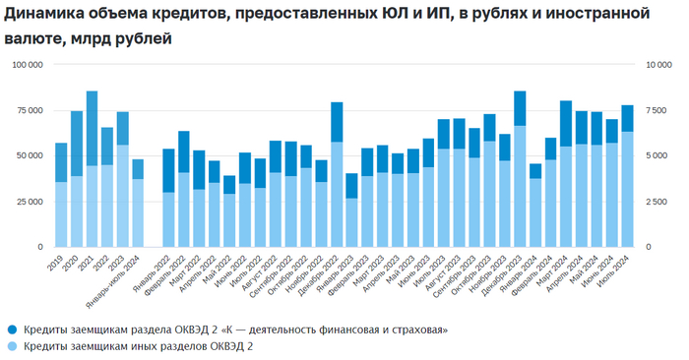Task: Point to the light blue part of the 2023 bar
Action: [x=123, y=196]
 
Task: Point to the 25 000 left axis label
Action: [x=28, y=202]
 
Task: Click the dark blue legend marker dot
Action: [x=11, y=329]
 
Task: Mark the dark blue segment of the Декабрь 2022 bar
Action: [x=337, y=122]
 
